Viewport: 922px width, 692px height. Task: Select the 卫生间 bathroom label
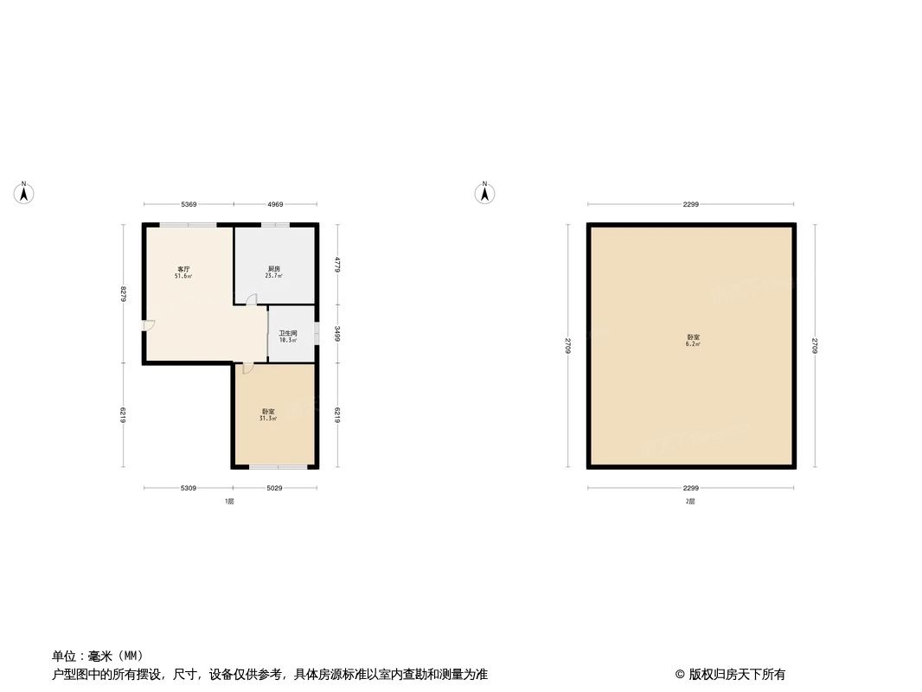pos(288,333)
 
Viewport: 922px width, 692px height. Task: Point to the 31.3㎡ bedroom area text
pos(268,419)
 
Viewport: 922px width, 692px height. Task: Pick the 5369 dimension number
pos(189,204)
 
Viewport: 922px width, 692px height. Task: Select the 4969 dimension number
pos(275,204)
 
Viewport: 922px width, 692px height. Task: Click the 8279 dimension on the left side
pos(124,294)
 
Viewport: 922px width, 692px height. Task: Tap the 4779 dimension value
pos(337,264)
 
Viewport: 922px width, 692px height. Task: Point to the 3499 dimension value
pos(337,333)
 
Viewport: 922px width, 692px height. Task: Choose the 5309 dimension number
pos(189,489)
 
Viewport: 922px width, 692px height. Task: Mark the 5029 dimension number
pos(274,489)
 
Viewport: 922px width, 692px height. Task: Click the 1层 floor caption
pos(229,501)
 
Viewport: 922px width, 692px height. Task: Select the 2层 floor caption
pos(690,501)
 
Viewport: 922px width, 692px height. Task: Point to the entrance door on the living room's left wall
pos(149,325)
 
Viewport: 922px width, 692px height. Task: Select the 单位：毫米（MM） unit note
pos(98,655)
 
